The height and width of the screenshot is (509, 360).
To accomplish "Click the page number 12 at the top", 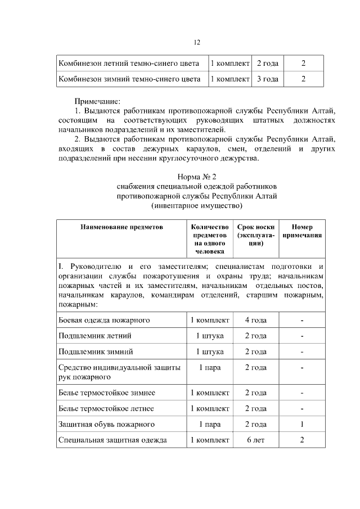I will (x=197, y=42).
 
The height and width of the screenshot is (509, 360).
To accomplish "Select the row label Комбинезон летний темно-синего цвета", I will (x=130, y=63).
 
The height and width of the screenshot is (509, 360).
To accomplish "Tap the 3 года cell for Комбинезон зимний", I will (x=267, y=79).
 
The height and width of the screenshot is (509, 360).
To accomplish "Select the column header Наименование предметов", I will (x=121, y=228).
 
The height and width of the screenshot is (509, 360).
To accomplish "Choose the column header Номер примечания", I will (x=302, y=232).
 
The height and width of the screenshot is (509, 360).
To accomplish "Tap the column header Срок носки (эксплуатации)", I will (x=256, y=236).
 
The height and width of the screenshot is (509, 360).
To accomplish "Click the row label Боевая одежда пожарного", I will (x=104, y=320).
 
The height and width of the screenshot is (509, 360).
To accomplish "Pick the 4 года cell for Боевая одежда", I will (x=256, y=320).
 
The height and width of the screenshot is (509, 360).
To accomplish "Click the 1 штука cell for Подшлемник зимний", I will (x=210, y=352).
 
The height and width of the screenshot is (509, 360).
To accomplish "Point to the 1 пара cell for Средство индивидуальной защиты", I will (x=210, y=367).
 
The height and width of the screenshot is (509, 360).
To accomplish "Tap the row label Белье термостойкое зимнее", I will (x=107, y=392).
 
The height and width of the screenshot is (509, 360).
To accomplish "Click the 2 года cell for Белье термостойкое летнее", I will (x=256, y=408).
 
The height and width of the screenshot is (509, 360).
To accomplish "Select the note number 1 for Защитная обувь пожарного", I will (x=302, y=424).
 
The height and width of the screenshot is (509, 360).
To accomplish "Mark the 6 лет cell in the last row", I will (x=256, y=439).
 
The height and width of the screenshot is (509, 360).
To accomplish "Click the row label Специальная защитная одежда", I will (x=112, y=439).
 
